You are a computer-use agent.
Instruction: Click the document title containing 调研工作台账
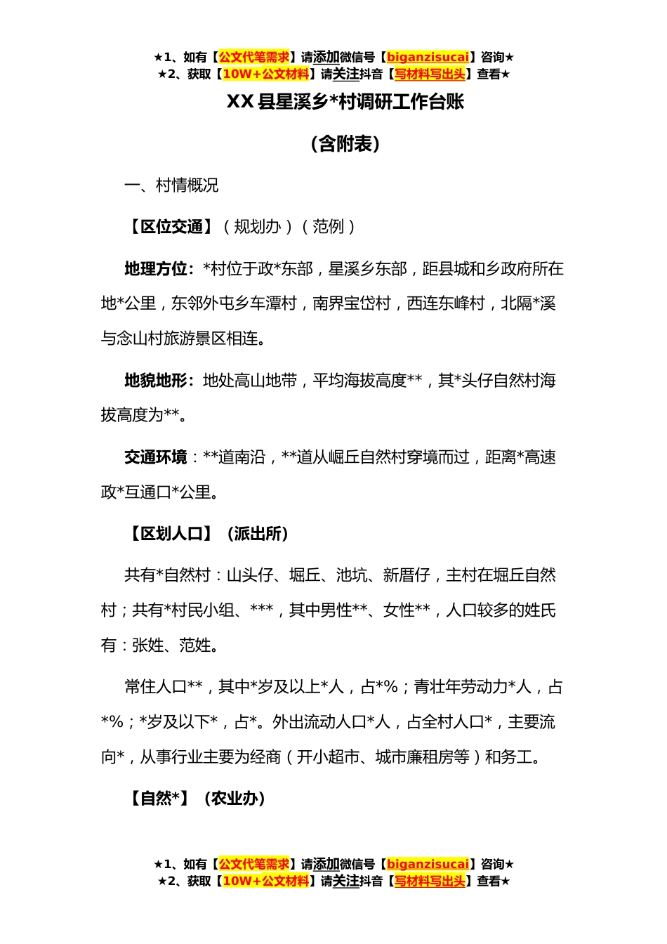(345, 103)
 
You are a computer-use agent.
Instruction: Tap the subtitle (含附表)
(345, 144)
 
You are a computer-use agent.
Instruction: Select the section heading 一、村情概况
(171, 185)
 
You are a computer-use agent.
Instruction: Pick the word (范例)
(329, 227)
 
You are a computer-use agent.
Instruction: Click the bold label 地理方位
(156, 269)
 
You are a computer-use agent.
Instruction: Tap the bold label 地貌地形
(156, 381)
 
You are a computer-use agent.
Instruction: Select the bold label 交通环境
(156, 457)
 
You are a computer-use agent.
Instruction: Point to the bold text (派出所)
(258, 534)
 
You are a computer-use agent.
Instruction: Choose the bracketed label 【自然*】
(157, 799)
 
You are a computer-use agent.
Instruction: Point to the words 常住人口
(155, 687)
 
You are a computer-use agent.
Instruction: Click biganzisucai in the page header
(428, 58)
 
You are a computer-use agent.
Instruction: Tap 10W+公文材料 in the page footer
(265, 881)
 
